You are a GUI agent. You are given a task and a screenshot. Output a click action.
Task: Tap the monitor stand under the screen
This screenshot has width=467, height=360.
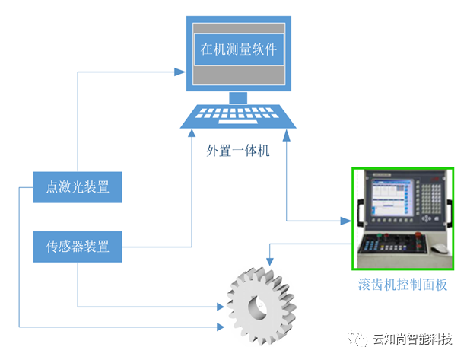[x=239, y=97]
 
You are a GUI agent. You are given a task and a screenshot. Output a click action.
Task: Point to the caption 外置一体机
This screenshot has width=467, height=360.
[x=238, y=151]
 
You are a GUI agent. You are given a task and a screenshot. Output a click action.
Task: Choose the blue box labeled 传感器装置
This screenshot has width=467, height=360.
[x=78, y=247]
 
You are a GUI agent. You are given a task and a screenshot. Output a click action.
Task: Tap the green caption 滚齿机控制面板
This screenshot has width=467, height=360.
[x=402, y=285]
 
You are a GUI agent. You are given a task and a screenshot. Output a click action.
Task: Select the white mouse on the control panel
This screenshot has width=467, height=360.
[x=440, y=248]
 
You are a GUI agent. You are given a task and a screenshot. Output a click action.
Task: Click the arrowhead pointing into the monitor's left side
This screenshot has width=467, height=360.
[x=180, y=72]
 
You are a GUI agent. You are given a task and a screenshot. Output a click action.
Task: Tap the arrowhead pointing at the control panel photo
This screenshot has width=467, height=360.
[x=347, y=221]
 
